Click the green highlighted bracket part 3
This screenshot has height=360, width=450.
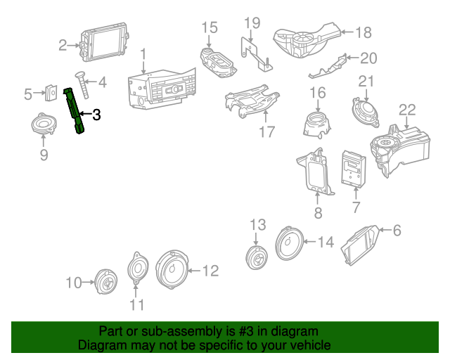(76, 109)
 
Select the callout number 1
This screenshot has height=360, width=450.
(143, 53)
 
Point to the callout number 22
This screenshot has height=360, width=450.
(407, 110)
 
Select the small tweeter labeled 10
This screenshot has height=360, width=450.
(106, 283)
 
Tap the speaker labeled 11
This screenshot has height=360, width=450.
(137, 269)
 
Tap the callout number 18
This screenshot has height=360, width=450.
(363, 32)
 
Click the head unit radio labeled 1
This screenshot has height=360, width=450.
(158, 91)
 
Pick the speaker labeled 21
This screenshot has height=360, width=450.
(366, 110)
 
